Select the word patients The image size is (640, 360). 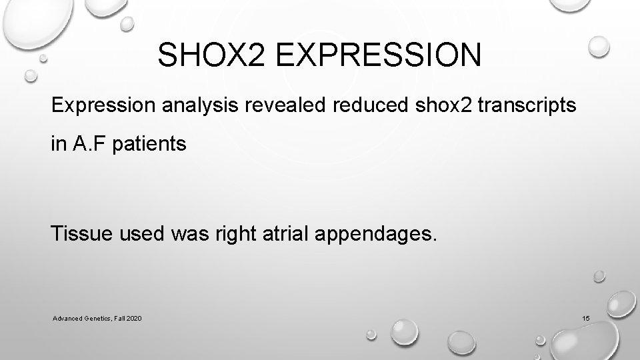point(145,145)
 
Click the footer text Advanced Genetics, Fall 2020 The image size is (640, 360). point(97,321)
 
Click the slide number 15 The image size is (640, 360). point(585,321)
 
